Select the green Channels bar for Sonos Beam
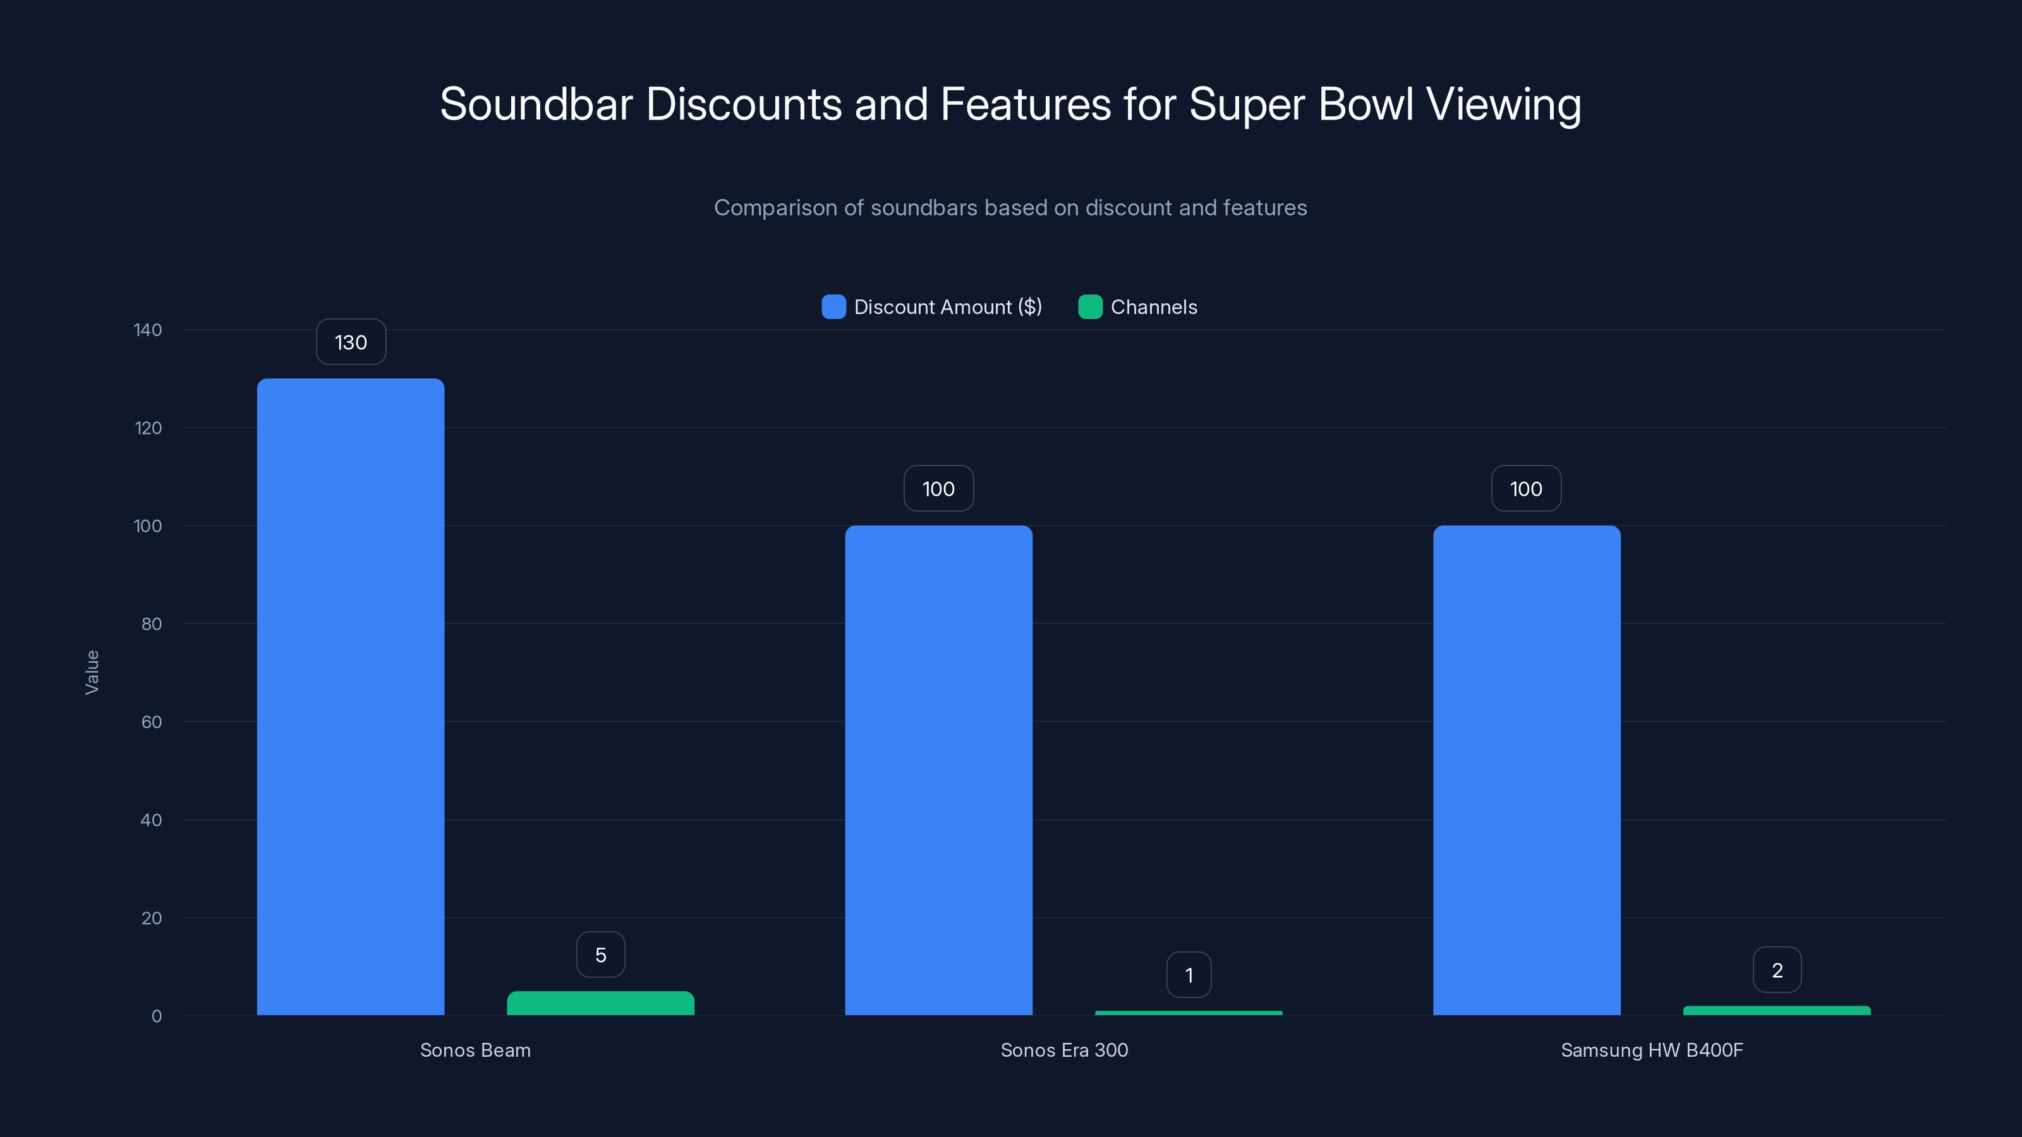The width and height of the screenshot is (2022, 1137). tap(600, 1004)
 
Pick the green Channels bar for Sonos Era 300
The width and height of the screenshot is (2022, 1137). tap(1189, 1013)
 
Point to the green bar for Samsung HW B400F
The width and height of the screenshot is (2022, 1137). tap(1776, 1011)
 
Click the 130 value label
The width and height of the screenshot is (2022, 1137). tap(351, 342)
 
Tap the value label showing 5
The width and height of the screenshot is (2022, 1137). tap(600, 955)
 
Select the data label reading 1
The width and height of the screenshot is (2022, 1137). tap(1189, 975)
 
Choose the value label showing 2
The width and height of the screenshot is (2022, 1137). tap(1777, 971)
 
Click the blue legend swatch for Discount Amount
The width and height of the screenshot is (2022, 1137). tap(833, 307)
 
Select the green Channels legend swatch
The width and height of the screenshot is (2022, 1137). tap(1090, 307)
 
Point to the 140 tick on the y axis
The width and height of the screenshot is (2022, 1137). tap(148, 330)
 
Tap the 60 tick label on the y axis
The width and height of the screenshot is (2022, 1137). tap(152, 722)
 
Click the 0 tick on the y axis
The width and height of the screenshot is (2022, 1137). tap(156, 1016)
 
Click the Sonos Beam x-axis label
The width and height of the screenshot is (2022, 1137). tap(475, 1050)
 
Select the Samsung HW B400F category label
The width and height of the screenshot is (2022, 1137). tap(1652, 1050)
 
